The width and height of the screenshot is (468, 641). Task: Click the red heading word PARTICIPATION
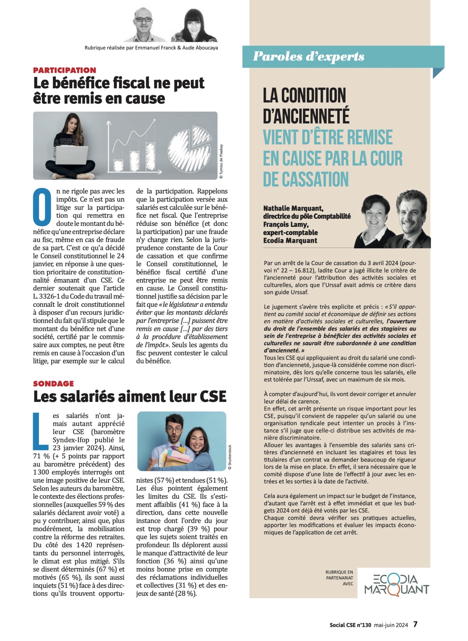pyautogui.click(x=64, y=70)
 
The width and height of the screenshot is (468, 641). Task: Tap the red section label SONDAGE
pyautogui.click(x=53, y=383)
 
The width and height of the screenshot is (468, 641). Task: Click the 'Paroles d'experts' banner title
pyautogui.click(x=308, y=56)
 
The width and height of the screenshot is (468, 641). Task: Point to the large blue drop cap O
pyautogui.click(x=42, y=207)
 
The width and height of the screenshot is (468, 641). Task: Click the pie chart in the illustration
pyautogui.click(x=189, y=145)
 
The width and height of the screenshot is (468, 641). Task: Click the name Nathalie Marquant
pyautogui.click(x=293, y=209)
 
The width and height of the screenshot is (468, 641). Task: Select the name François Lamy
pyautogui.click(x=286, y=225)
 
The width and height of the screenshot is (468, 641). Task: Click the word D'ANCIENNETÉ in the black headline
pyautogui.click(x=306, y=116)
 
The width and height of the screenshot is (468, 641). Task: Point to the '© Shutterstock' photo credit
pyautogui.click(x=229, y=457)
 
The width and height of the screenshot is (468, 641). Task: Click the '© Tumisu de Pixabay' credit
pyautogui.click(x=221, y=162)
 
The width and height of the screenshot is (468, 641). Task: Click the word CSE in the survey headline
pyautogui.click(x=213, y=397)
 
